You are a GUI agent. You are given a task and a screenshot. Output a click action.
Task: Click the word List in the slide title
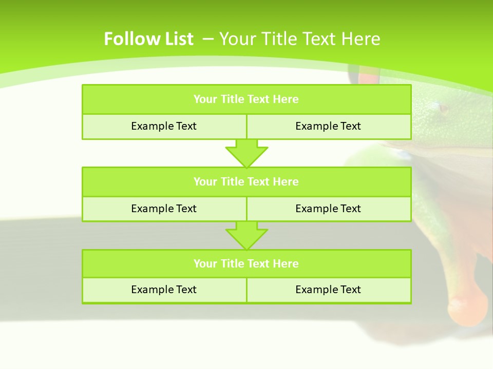pos(176,39)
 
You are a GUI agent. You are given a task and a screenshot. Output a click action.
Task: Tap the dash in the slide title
pos(208,38)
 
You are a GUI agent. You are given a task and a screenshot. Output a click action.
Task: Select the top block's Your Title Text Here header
pos(246,99)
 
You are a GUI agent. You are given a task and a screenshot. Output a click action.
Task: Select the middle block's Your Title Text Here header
pos(246,181)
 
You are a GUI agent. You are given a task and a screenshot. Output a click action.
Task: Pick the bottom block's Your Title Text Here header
pos(246,263)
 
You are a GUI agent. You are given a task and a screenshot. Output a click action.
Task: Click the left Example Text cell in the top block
pos(164,126)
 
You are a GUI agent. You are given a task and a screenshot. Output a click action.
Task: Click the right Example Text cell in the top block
pos(328,126)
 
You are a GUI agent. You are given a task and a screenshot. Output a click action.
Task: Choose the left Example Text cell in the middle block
pos(164,209)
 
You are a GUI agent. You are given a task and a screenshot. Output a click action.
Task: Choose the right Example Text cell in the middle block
pos(328,209)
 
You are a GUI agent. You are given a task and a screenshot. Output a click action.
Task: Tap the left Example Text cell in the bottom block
pos(164,290)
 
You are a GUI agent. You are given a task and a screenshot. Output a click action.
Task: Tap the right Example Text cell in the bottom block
pos(328,290)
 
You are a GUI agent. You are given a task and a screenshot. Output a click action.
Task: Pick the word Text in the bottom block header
pos(259,263)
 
